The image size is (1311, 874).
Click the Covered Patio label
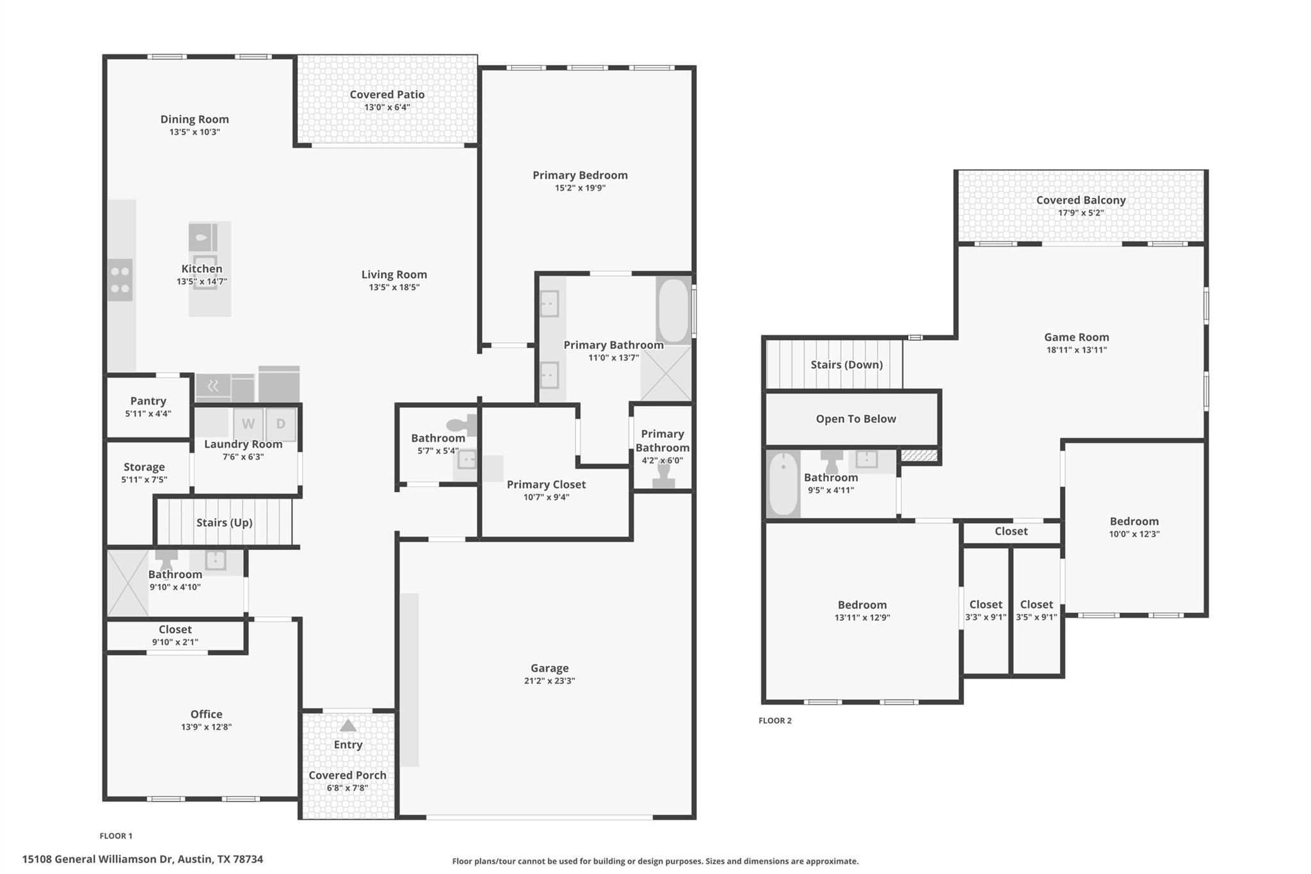click(x=387, y=94)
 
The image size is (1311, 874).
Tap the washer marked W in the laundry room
click(x=248, y=423)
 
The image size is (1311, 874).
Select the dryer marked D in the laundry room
click(x=280, y=423)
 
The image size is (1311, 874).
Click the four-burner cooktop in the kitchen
click(x=120, y=280)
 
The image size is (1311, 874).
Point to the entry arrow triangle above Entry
click(x=348, y=725)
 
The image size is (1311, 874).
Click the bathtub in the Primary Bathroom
click(x=673, y=311)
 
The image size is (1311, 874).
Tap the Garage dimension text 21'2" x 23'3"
click(x=549, y=681)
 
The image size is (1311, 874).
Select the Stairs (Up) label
click(x=224, y=522)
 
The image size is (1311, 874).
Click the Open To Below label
click(x=855, y=419)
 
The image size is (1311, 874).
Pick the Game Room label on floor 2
click(x=1076, y=337)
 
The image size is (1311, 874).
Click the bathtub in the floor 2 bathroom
click(x=783, y=483)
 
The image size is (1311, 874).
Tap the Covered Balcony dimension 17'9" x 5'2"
click(x=1081, y=213)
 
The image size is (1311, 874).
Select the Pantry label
click(x=148, y=401)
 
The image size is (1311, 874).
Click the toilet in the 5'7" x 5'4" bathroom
click(x=462, y=425)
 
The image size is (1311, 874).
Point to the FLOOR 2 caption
click(x=775, y=720)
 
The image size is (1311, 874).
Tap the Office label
click(x=206, y=714)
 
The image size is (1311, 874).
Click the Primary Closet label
click(x=546, y=484)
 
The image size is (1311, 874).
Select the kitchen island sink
click(x=202, y=238)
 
